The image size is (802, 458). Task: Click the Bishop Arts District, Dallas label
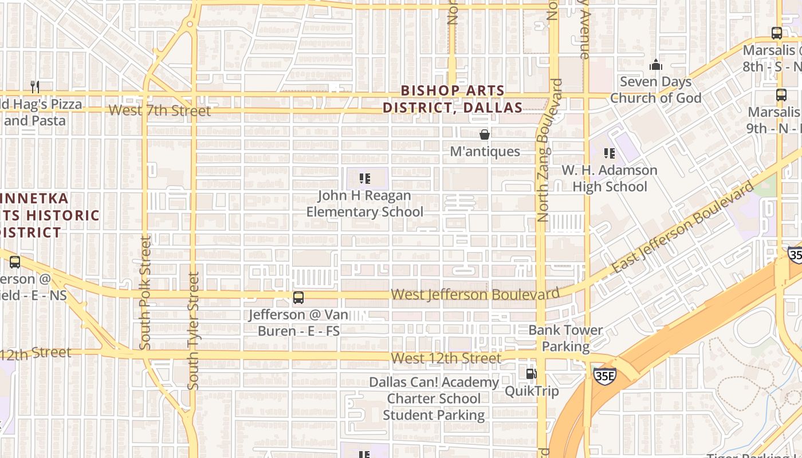pos(453,99)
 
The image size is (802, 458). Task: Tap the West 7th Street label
pos(159,110)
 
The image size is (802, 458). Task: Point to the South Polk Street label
pos(146,293)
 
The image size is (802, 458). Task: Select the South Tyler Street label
pos(194,331)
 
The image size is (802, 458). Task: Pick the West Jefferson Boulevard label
pos(475,294)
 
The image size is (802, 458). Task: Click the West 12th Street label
pos(446,358)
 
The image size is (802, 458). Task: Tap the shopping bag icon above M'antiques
pos(485,135)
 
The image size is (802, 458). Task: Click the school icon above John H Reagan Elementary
pos(364,179)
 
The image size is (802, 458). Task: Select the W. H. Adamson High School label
pos(609,178)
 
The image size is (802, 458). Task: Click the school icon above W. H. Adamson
pos(610,153)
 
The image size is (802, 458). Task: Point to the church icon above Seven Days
pos(656,65)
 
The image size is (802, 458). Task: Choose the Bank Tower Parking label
pos(565,338)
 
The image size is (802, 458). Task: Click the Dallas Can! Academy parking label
pos(434,398)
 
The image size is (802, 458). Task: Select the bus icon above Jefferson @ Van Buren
pos(298,298)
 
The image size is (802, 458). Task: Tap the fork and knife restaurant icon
pos(36,87)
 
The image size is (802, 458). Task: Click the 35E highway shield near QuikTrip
pos(604,376)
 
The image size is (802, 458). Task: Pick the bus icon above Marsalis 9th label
pos(781,95)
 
